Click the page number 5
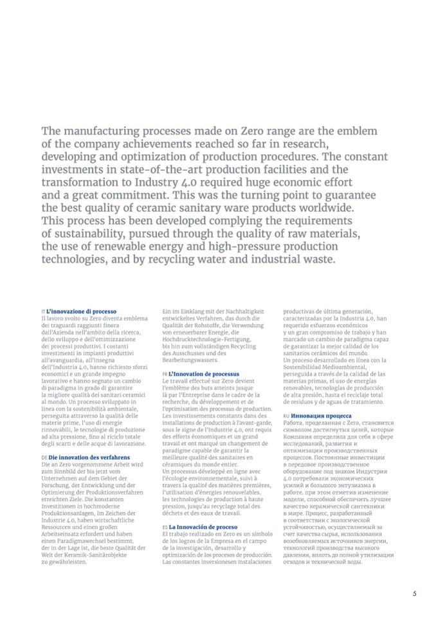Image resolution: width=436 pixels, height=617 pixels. point(414,593)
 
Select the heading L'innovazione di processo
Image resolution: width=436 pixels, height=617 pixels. point(81,311)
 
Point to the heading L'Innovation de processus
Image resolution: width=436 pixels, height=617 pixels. point(204,373)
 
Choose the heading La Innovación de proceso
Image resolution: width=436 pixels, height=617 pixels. point(203,527)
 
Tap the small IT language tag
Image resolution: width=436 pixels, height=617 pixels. point(42,311)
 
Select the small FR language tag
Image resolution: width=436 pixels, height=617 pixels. point(165,373)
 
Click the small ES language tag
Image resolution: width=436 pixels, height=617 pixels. point(165,527)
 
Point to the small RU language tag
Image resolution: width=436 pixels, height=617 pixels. point(286,416)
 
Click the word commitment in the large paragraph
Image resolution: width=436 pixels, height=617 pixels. point(131,195)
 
